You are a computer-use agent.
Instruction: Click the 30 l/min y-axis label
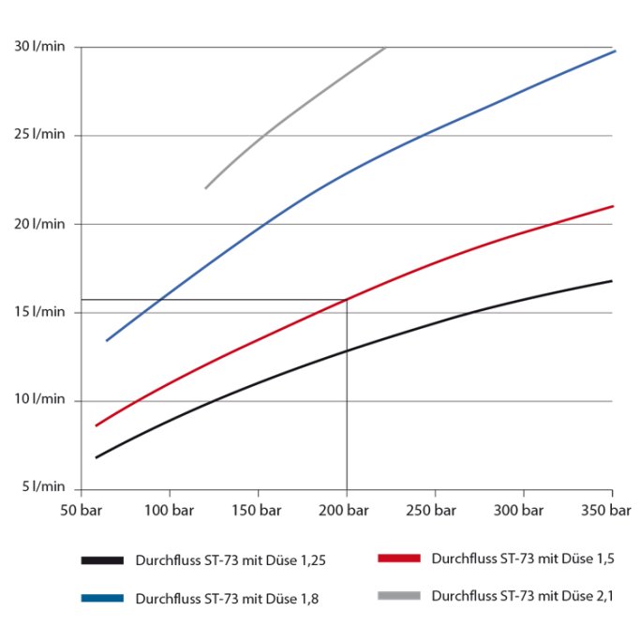37,47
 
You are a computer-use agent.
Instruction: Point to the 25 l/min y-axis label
37,136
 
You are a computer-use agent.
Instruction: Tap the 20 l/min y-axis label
37,224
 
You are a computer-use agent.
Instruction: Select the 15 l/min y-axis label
37,313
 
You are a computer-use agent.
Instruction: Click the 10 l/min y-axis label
37,401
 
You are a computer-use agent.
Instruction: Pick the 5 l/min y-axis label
40,487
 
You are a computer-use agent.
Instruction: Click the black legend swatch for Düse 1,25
102,560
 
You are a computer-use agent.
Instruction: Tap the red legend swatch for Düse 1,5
398,558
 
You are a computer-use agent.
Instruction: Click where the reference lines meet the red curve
347,300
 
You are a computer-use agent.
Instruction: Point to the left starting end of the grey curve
206,188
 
